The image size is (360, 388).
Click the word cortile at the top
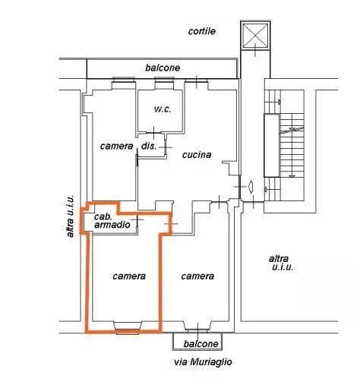(x=202, y=31)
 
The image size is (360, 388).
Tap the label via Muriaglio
(x=203, y=361)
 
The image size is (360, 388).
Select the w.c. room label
(x=163, y=109)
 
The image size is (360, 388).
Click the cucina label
(x=197, y=155)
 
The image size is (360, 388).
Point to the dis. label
(x=149, y=146)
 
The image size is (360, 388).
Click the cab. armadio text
(x=112, y=220)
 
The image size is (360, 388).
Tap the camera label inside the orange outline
(x=129, y=276)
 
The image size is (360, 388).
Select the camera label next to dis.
(x=116, y=146)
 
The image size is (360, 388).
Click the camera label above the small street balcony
(x=197, y=276)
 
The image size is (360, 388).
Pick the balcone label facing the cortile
(x=163, y=68)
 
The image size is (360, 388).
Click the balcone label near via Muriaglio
(x=201, y=344)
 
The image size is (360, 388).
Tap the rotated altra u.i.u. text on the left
(x=70, y=216)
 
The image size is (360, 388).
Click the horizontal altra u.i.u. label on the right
(x=281, y=263)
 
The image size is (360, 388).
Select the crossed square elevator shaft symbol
(x=255, y=36)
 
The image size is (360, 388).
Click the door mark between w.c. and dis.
(x=153, y=133)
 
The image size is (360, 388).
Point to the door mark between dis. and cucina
(x=166, y=147)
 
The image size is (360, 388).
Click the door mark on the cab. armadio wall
(x=137, y=219)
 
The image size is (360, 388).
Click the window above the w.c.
(x=164, y=83)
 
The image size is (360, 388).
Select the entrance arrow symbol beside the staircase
(x=251, y=187)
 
